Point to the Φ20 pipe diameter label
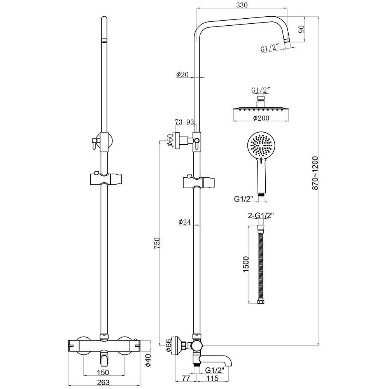point(182,74)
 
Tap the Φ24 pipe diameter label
point(184,222)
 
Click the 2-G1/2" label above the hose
point(260,214)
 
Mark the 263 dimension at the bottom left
point(103,382)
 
